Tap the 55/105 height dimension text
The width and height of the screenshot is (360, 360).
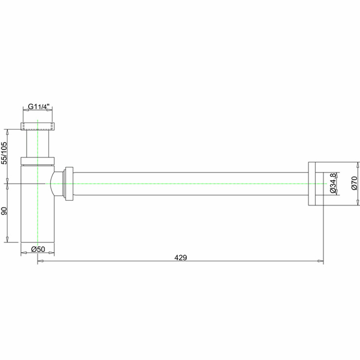click(4, 153)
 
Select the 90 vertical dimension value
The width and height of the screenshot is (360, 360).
click(4, 211)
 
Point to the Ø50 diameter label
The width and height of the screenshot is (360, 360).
click(38, 249)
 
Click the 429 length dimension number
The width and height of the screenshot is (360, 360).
click(181, 257)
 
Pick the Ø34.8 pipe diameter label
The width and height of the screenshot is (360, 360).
click(333, 183)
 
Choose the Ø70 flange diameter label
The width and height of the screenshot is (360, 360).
click(354, 183)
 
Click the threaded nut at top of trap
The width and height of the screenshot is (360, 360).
click(38, 126)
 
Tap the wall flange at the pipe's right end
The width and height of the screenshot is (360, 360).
click(311, 184)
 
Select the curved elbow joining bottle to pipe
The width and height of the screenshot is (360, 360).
click(57, 184)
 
